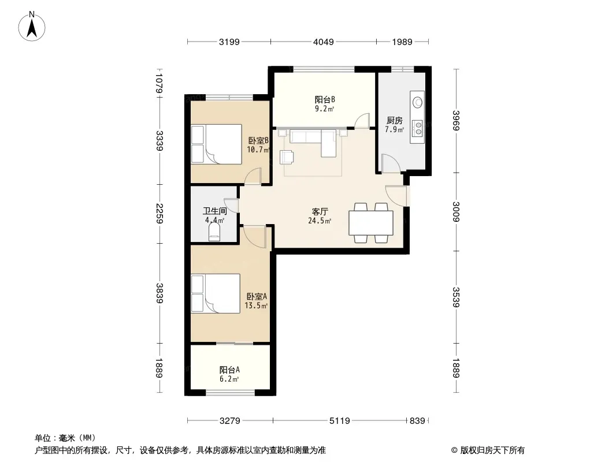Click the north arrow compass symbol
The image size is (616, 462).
[32, 27]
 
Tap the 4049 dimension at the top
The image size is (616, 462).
[324, 42]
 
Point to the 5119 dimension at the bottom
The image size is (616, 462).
[339, 421]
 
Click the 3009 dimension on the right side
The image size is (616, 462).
[456, 211]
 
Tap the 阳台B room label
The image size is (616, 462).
[325, 100]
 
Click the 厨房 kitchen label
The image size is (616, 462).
[395, 121]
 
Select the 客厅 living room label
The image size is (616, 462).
[320, 211]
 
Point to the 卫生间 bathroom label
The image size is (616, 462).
[215, 211]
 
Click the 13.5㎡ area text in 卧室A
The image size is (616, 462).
[256, 305]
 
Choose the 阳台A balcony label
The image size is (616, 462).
[229, 370]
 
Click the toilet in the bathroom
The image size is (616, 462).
[214, 232]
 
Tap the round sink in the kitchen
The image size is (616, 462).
[417, 102]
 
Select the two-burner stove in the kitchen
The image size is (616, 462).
[417, 128]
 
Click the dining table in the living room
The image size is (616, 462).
[371, 223]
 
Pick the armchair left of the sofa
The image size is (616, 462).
[287, 157]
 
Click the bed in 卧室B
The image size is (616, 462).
[216, 144]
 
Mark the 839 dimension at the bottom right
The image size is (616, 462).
[417, 421]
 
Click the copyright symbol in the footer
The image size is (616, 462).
[454, 450]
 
